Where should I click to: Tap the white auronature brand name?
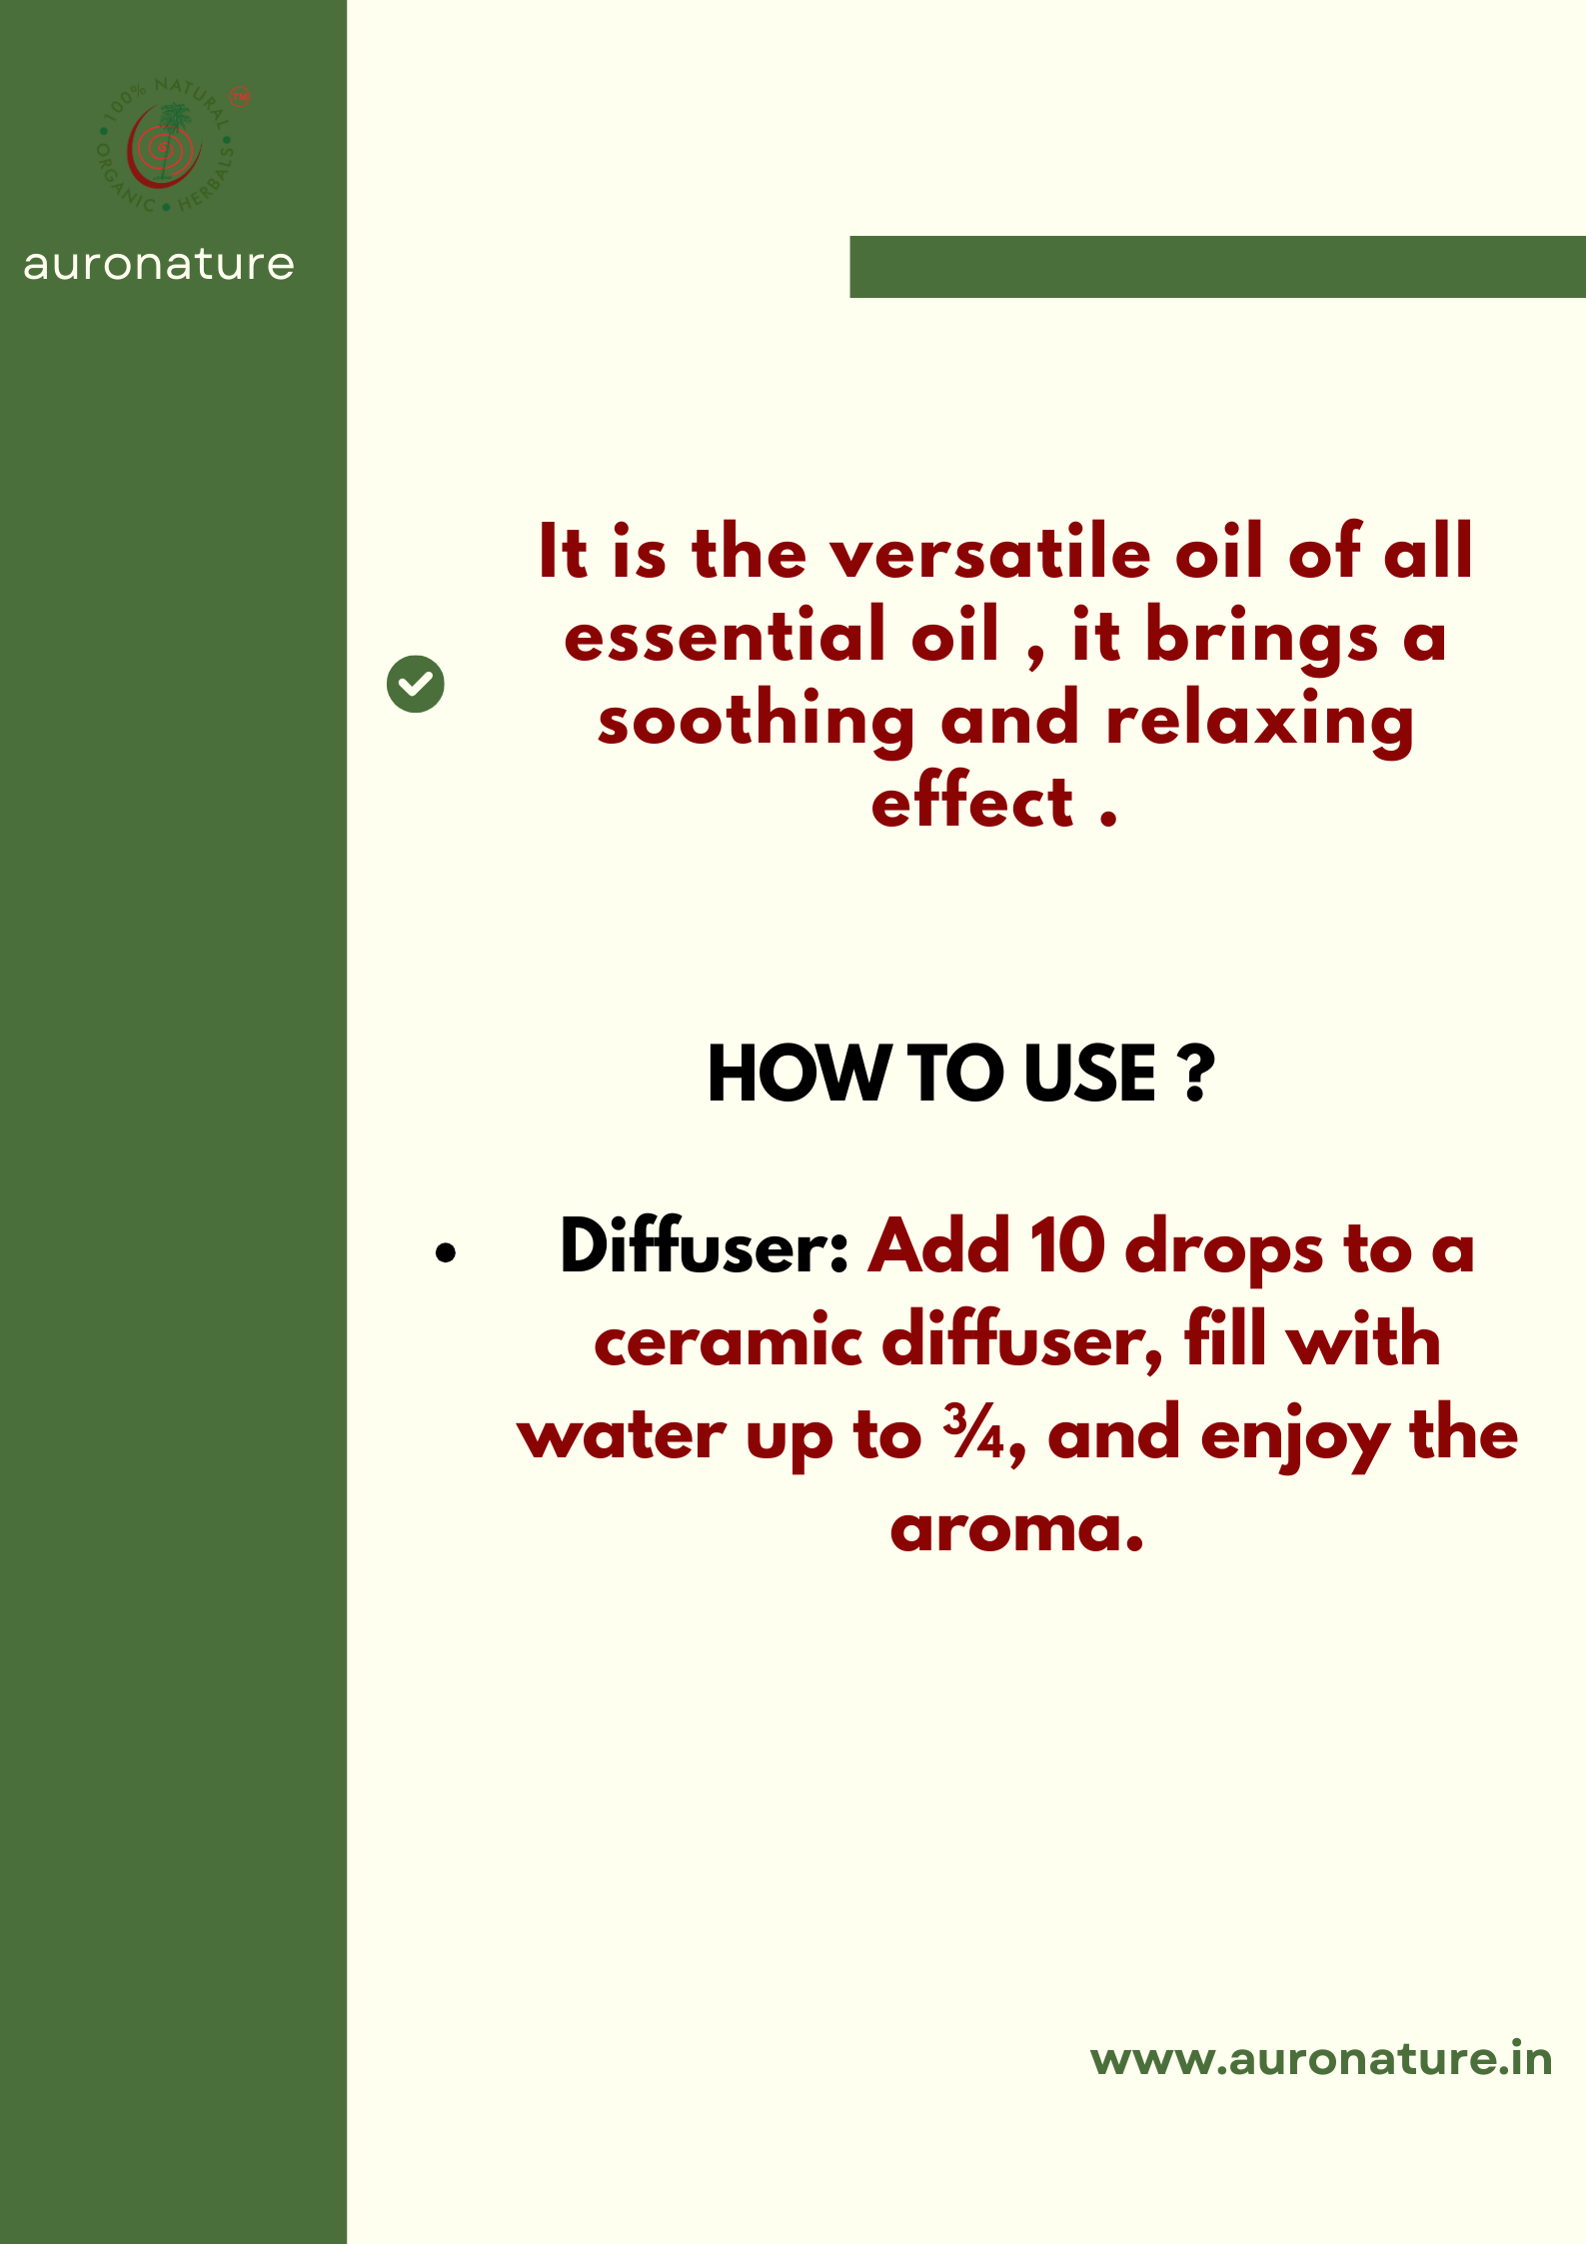pyautogui.click(x=159, y=265)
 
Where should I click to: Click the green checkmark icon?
pyautogui.click(x=415, y=685)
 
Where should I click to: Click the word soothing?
pyautogui.click(x=756, y=722)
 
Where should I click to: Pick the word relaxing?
pyautogui.click(x=1259, y=722)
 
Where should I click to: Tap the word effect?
pyautogui.click(x=972, y=804)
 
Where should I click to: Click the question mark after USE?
pyautogui.click(x=1196, y=1075)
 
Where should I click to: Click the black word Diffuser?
pyautogui.click(x=704, y=1247)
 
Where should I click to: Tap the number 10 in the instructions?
pyautogui.click(x=1067, y=1247)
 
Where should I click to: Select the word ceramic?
pyautogui.click(x=729, y=1341)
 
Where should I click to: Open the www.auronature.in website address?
pyautogui.click(x=1320, y=2059)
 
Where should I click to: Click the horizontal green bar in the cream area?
pyautogui.click(x=1217, y=267)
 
